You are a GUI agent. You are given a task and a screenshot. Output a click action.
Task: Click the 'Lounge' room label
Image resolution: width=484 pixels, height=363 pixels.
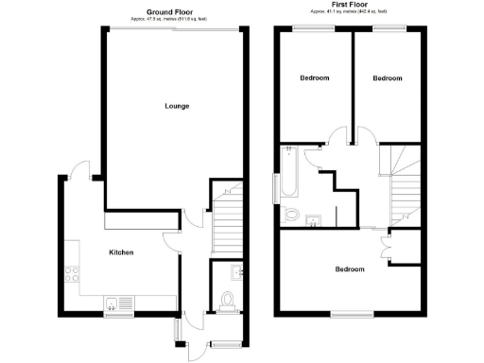[x=176, y=106]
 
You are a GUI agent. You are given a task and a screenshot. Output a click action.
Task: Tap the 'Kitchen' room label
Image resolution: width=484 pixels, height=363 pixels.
[x=121, y=252]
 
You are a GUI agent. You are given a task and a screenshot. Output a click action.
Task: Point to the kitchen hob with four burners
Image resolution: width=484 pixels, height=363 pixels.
[x=71, y=275]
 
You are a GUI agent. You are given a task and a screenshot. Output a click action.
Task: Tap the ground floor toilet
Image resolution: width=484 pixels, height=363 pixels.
[x=227, y=301]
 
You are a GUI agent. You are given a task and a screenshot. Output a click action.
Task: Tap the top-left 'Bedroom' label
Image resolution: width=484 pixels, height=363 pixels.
[x=315, y=78]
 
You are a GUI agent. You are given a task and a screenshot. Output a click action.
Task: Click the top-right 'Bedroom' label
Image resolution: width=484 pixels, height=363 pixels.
[x=387, y=78]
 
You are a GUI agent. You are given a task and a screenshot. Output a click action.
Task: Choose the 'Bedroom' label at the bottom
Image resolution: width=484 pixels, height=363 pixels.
[x=350, y=269]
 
